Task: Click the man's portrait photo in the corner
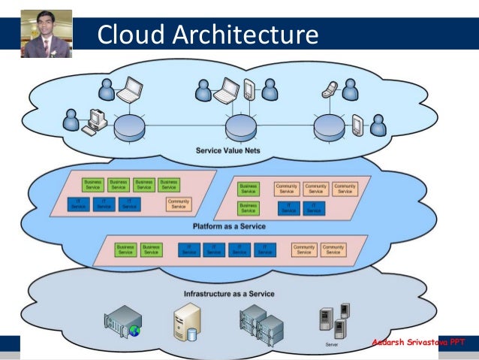click(47, 34)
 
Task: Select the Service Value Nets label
click(231, 151)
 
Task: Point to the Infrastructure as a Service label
click(229, 293)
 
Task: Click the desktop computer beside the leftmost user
click(95, 122)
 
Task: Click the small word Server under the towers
click(331, 344)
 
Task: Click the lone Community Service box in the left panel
click(179, 204)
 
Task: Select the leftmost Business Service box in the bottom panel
click(125, 250)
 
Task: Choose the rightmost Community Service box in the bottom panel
click(333, 250)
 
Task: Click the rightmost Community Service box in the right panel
click(345, 188)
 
